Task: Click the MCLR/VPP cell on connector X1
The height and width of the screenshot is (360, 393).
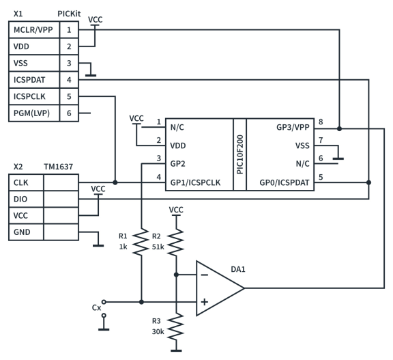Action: coord(33,30)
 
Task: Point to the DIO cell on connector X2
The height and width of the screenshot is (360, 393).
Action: coord(21,199)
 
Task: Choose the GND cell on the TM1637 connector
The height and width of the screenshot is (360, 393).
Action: coord(23,232)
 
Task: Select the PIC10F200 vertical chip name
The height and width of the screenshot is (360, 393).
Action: coord(239,154)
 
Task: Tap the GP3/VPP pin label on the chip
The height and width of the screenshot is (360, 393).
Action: coord(293,128)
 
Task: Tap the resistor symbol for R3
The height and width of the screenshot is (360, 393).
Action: coord(175,326)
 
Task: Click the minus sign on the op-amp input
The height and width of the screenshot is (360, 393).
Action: coord(204,275)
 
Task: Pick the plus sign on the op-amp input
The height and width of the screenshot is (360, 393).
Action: coord(204,301)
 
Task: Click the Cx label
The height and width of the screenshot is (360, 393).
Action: coord(96,307)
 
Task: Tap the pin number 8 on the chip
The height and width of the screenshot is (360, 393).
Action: coord(320,122)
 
